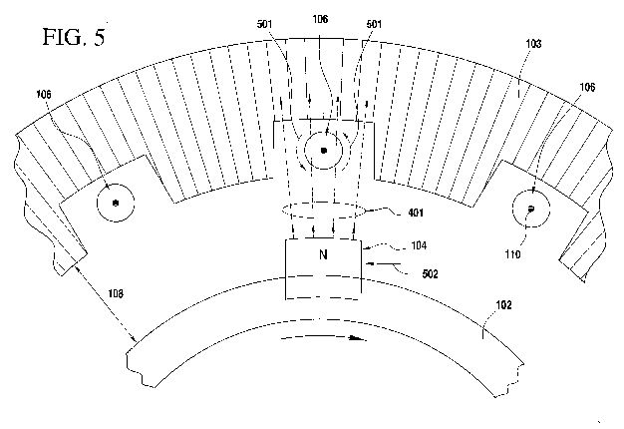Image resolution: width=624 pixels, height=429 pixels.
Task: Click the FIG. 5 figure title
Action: (74, 37)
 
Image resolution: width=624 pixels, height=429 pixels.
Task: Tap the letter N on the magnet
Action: (324, 254)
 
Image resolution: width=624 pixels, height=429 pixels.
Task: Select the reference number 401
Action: (416, 213)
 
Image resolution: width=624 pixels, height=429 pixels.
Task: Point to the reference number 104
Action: (419, 245)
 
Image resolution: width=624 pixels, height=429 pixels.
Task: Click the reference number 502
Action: (430, 274)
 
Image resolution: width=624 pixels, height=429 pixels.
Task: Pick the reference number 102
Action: (503, 305)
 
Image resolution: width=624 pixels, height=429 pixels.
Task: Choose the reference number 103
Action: (533, 44)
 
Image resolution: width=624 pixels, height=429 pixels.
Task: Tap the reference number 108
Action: (116, 294)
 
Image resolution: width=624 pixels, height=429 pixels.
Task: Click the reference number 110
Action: (512, 254)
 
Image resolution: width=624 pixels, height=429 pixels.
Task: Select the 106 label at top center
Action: (320, 19)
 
